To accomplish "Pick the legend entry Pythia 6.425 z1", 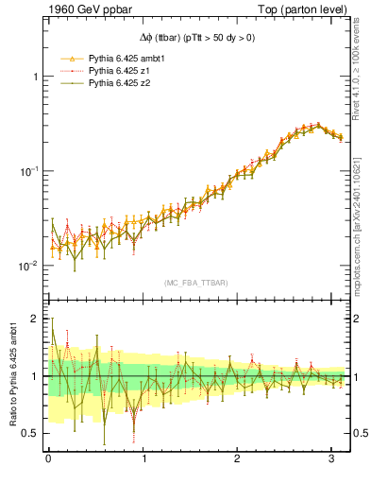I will [110, 71].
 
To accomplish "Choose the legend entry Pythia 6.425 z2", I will [110, 83].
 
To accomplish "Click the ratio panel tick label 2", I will [35, 320].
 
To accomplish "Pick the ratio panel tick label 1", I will [35, 377].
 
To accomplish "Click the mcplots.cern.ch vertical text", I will [363, 217].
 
